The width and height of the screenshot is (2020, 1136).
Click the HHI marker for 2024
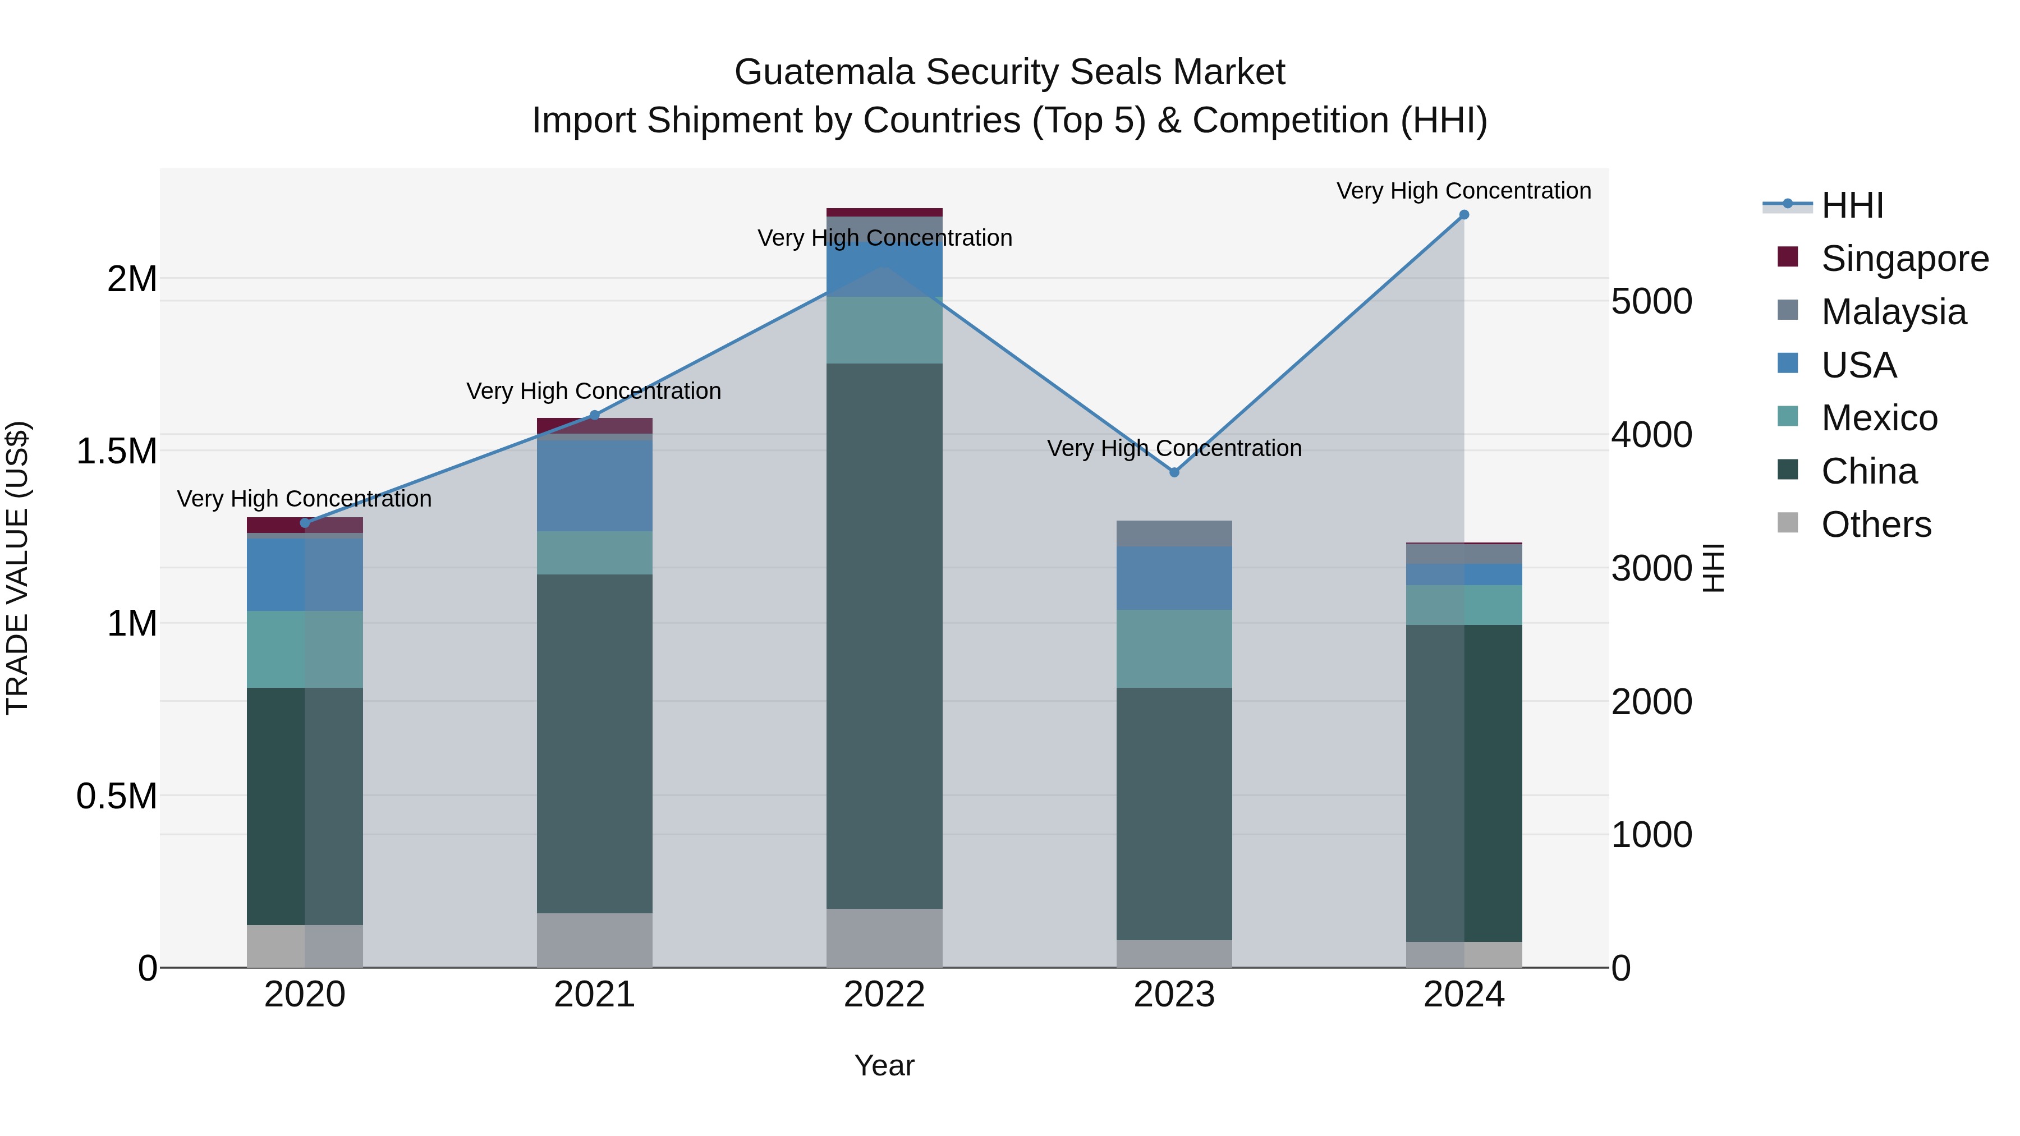(x=1463, y=215)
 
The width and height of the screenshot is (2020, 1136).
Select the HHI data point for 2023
(x=1174, y=472)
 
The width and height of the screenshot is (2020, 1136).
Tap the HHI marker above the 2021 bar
(x=594, y=416)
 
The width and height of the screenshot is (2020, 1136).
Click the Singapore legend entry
(x=1904, y=259)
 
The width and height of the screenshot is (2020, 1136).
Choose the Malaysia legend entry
(x=1893, y=312)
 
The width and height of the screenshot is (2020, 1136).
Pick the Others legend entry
(x=1876, y=525)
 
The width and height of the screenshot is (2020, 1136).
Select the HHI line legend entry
(x=1852, y=205)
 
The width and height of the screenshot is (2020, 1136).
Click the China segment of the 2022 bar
(x=884, y=635)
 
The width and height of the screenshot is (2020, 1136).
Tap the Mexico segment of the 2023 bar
(x=1174, y=649)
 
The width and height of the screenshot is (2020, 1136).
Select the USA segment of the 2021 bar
(x=594, y=485)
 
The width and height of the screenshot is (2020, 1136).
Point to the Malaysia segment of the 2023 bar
(x=1174, y=533)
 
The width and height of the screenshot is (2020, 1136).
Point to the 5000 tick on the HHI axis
(x=1651, y=301)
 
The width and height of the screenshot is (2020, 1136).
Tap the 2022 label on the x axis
(x=884, y=995)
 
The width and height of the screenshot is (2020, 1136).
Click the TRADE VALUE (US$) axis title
(x=17, y=568)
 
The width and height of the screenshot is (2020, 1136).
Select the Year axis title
(x=884, y=1065)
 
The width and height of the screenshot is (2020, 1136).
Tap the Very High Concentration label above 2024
(x=1463, y=191)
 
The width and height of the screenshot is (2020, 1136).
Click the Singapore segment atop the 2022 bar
(x=884, y=211)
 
